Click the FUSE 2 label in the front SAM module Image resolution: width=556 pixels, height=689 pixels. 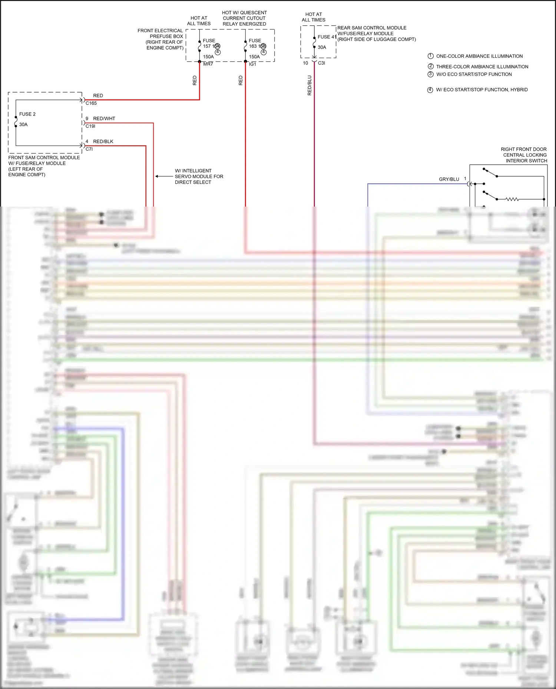27,114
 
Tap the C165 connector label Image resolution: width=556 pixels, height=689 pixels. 91,103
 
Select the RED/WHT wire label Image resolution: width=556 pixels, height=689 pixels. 104,118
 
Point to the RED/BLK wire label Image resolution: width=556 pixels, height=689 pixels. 103,141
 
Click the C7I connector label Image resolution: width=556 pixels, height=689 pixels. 89,149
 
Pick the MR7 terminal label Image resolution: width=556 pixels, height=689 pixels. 208,64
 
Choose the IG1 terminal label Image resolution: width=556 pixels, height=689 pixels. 252,64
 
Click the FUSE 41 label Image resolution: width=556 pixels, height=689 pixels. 327,37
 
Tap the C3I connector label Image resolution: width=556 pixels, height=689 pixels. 321,63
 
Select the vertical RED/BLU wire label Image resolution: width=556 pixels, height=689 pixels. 310,86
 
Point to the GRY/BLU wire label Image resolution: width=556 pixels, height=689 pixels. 449,179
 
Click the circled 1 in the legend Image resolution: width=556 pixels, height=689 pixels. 430,56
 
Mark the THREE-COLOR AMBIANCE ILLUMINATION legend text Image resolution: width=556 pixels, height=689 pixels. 482,67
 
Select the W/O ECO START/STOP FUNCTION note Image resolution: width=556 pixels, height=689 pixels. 474,74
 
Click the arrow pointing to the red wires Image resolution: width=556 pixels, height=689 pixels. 163,176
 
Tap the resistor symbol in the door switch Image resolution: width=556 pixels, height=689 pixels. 512,199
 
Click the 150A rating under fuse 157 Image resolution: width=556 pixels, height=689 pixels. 208,57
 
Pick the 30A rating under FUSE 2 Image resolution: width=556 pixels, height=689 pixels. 23,124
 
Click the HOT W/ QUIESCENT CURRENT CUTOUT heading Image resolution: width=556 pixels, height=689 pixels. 244,18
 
